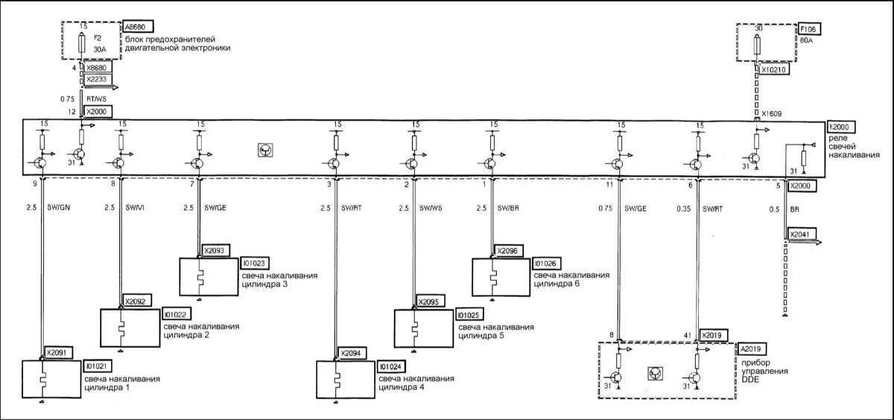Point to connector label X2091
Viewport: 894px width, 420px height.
[x=57, y=353]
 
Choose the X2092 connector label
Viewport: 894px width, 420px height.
[x=135, y=301]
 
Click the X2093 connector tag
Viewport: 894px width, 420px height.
[x=214, y=251]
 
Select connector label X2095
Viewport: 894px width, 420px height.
[x=430, y=302]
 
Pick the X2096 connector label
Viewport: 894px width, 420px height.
[x=508, y=251]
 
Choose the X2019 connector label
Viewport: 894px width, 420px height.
[x=712, y=335]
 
